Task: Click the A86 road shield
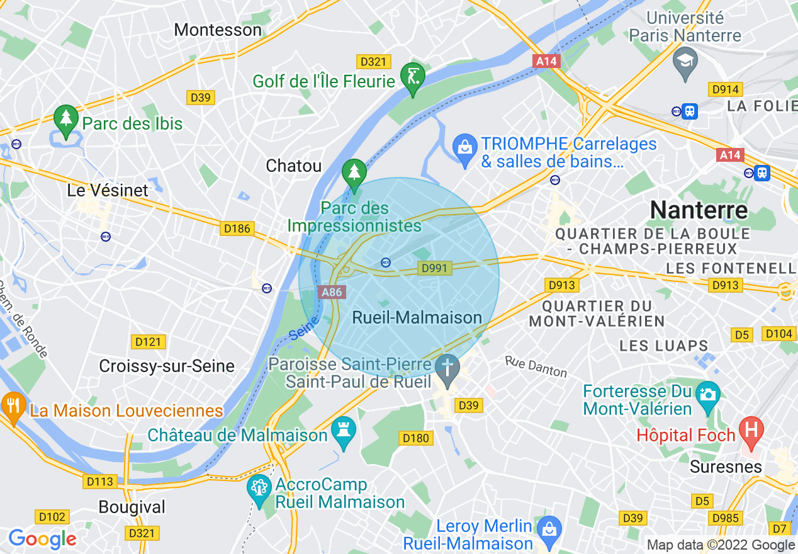coord(332,292)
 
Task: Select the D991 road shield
coord(434,269)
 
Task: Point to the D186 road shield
coord(237,229)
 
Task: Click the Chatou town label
coord(294,166)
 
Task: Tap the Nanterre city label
coord(699,210)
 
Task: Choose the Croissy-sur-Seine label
coord(167,366)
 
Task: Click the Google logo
coord(42,539)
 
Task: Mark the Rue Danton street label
coord(536,366)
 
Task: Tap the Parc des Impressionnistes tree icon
coord(354,172)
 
